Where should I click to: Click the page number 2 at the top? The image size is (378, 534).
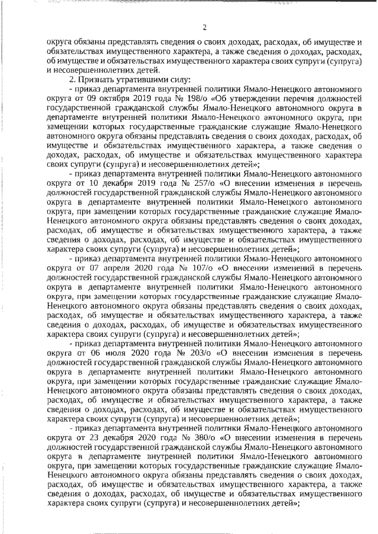pos(204,27)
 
